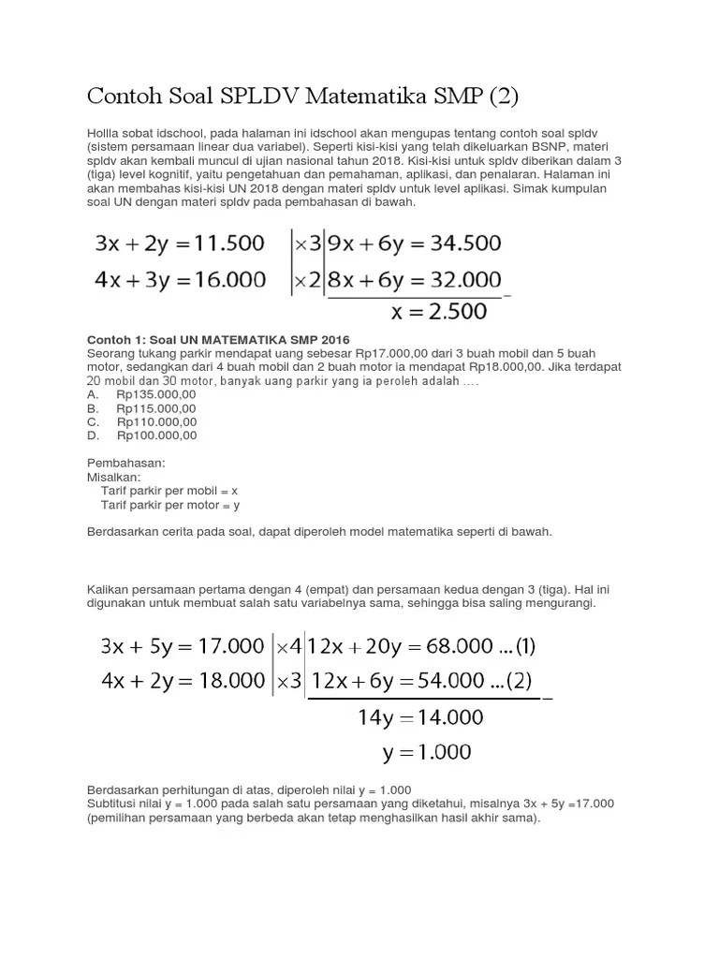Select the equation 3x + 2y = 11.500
tap(180, 244)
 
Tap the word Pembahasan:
tap(125, 464)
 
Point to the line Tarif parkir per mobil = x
tap(169, 491)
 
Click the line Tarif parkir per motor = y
tap(169, 505)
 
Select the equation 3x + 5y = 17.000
tap(183, 646)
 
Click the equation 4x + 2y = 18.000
tap(183, 682)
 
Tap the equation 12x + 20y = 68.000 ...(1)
tap(422, 646)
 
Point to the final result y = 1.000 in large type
tap(427, 752)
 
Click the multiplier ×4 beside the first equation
tap(288, 646)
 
